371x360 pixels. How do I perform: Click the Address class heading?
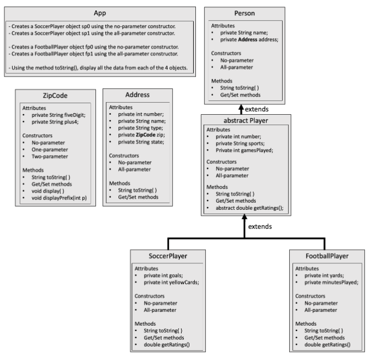(x=137, y=95)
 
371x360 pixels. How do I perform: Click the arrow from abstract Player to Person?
(x=241, y=109)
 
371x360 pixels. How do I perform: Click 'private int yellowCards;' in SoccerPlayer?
(x=169, y=282)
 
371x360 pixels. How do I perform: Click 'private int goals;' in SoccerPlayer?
(x=161, y=276)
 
